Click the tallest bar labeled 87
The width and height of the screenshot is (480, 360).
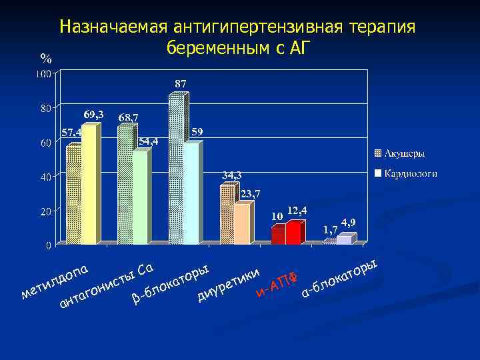point(177,170)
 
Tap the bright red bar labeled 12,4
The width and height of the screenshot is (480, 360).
point(293,233)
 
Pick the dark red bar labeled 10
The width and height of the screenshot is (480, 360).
point(278,235)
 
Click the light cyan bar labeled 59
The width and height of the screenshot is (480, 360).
point(191,193)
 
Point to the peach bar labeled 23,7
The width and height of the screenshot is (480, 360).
point(242,224)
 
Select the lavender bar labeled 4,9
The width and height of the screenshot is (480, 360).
point(344,240)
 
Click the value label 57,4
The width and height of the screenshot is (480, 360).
point(71,132)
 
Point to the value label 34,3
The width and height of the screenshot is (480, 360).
point(232,175)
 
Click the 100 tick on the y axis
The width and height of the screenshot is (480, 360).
point(45,73)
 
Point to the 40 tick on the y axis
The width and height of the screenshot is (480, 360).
point(46,176)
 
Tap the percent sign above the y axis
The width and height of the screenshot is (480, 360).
point(45,59)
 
